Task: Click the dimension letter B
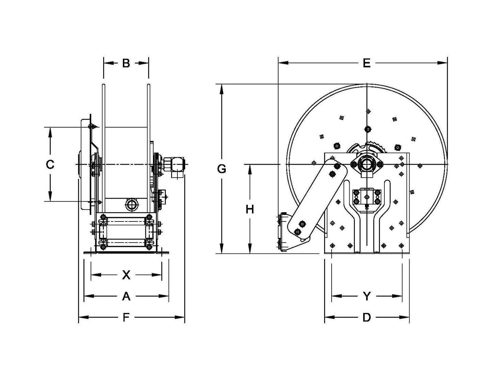tap(126, 63)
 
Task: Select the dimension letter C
tap(50, 164)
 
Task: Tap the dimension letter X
tap(126, 275)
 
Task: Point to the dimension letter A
tap(126, 296)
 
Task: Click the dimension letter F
tap(126, 317)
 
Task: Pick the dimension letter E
tap(366, 63)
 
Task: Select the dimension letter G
tap(222, 169)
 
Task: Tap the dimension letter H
tap(250, 209)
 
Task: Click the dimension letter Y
tap(367, 296)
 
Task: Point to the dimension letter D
tap(367, 317)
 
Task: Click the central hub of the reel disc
tap(367, 164)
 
